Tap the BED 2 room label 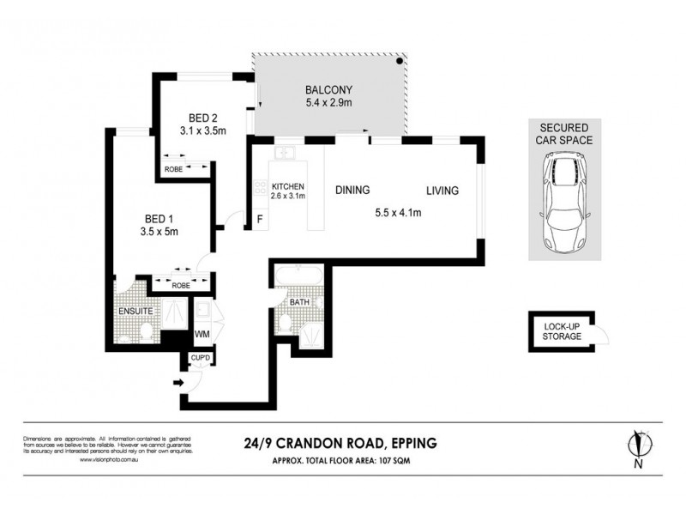coord(202,117)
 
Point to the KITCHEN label coord(288,185)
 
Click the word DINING coord(352,191)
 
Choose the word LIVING coord(443,191)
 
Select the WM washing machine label coord(202,333)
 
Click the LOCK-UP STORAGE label coord(562,331)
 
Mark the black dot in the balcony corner coord(399,62)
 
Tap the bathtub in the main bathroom coord(298,278)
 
